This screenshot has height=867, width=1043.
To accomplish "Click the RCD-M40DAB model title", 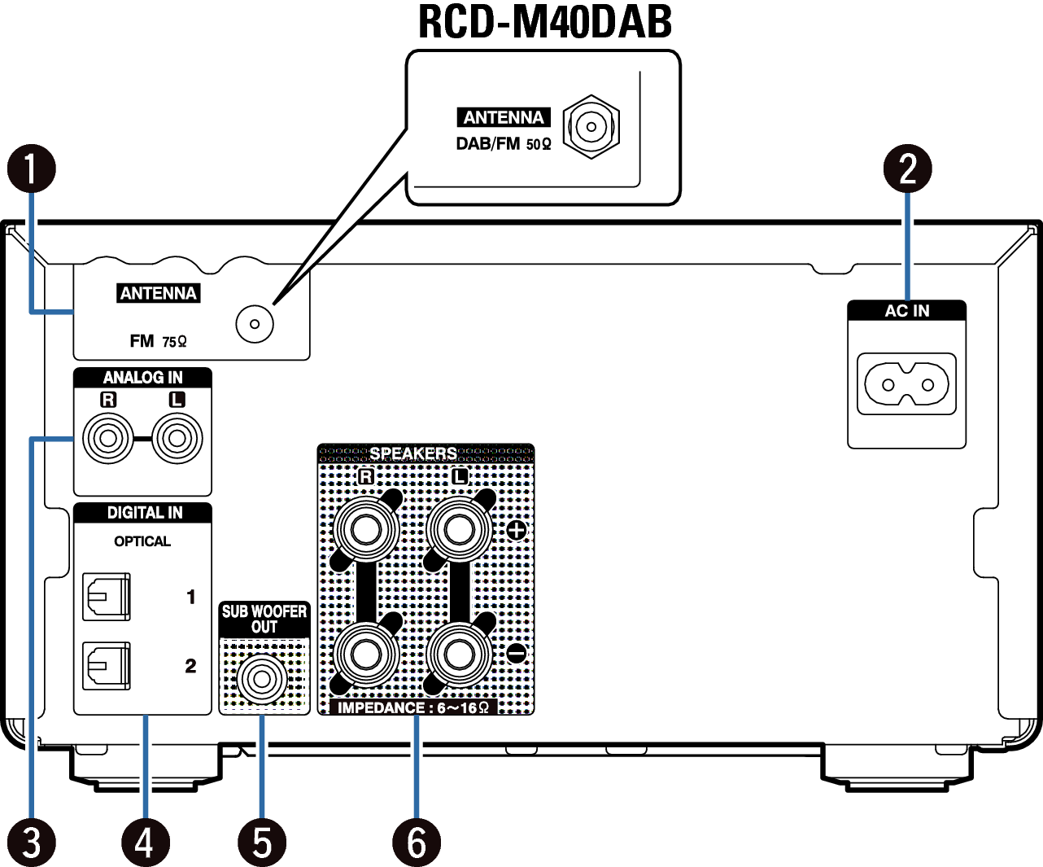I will pos(544,23).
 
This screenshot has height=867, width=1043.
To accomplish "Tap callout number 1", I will pos(31,169).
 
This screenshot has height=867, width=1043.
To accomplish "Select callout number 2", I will pos(907,169).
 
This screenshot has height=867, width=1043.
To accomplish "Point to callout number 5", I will pos(262,842).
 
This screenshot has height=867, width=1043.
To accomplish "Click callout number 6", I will pos(416,842).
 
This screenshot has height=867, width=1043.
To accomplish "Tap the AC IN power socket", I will pos(907,384).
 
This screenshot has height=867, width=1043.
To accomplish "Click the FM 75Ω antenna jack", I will pos(255,324).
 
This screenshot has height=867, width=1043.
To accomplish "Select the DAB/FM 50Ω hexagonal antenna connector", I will pos(591,126).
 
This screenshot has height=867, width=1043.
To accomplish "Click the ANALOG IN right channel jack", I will pos(107,439).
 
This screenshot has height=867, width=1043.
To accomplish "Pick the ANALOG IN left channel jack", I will pos(177,439).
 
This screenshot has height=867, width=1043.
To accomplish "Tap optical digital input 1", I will pos(107,598).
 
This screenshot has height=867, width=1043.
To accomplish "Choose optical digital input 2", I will pos(107,666).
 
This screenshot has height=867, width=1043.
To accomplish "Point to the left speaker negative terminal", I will pos(460,653).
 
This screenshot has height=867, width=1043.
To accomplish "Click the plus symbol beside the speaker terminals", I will pos(517,531).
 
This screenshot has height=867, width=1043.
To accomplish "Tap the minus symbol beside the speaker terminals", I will pos(517,653).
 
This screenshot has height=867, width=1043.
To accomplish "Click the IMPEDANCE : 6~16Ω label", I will pos(413,707).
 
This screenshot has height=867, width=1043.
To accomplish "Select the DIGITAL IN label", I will pos(144,513).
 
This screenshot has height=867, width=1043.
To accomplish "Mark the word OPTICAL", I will pos(142,541).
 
